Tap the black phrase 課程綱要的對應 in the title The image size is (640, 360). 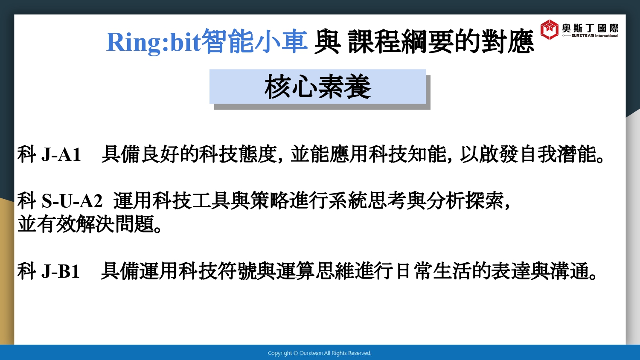coord(441,42)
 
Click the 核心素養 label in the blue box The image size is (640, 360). coord(317,87)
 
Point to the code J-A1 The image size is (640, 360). coord(61,155)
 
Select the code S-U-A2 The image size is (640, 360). coord(72,201)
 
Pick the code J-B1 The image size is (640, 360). coord(60,271)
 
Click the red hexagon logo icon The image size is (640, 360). coord(549,29)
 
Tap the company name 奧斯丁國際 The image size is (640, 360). coord(590,28)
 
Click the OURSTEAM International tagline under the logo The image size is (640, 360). coord(595,36)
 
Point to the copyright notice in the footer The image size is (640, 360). coord(320,353)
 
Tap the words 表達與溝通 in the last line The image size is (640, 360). coord(540,271)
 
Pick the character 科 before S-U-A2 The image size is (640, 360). coord(26,200)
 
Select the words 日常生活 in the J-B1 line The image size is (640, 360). coord(433,271)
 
